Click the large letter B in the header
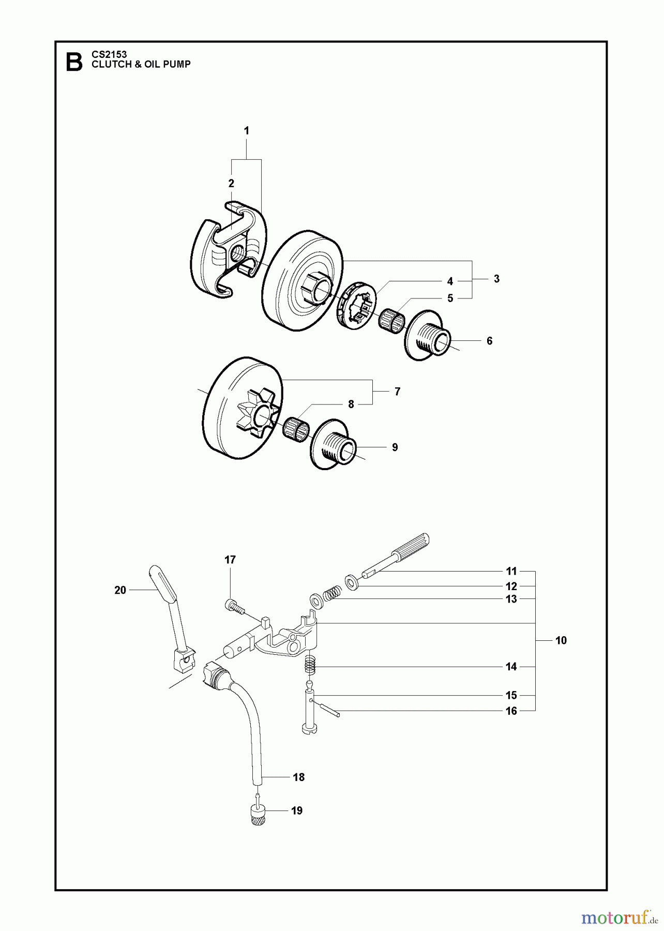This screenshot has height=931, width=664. pos(74,62)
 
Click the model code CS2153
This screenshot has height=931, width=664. pos(109,54)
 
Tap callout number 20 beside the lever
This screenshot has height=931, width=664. pos(120,590)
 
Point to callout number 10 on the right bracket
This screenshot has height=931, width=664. pos(561,640)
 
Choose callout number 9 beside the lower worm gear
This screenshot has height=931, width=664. pos(395,447)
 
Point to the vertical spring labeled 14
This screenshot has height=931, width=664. pos(310,664)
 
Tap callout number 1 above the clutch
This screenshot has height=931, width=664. pos(246,131)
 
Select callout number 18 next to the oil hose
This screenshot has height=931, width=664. pos(298,777)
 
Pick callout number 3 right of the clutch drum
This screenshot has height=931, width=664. pos(496,279)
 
